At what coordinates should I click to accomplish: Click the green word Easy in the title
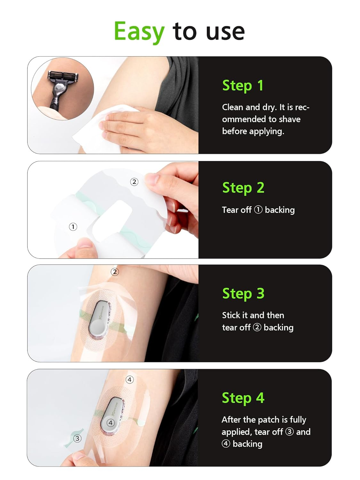tap(139, 31)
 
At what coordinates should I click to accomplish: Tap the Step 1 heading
tap(243, 86)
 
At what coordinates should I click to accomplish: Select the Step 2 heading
tap(243, 188)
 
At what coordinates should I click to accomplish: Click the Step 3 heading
tap(243, 293)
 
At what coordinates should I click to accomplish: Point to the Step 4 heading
tap(243, 398)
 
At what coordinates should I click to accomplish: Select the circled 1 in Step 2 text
tap(258, 210)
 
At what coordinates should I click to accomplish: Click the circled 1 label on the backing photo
tap(73, 227)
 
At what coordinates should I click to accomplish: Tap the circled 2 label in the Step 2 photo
tap(134, 182)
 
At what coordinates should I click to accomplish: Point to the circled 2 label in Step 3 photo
tap(115, 272)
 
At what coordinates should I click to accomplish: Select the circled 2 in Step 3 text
tap(257, 327)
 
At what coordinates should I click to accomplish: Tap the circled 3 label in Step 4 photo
tap(77, 438)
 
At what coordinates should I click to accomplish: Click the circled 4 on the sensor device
tap(110, 423)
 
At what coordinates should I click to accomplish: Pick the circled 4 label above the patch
tap(130, 380)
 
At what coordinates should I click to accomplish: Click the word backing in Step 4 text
tap(247, 444)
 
